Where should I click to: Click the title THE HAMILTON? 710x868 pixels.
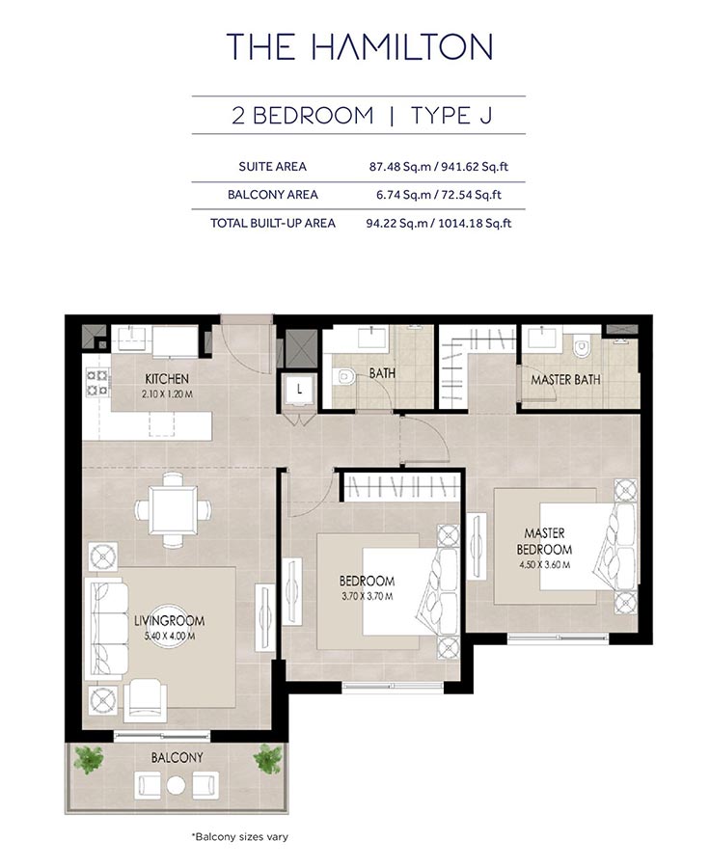coord(359,46)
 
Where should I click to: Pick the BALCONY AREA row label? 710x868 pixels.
coord(273,195)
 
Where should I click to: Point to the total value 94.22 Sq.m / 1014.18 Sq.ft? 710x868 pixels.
coord(440,223)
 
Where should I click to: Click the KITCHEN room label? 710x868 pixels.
coord(167,379)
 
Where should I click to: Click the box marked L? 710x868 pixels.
coord(300,390)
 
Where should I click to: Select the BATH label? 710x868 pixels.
coord(369,373)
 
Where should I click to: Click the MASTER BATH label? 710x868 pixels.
coord(565,380)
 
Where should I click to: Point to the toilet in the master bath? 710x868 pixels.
coord(583,348)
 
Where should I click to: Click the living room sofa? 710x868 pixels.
coord(104,628)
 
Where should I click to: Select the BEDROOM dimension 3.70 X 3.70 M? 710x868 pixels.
coord(367,596)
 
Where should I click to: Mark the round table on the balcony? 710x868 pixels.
coord(175,785)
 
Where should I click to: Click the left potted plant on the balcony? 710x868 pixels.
coord(88,760)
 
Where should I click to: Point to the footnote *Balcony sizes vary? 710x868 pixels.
coord(240,836)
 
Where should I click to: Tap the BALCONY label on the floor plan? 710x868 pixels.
coord(177,758)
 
